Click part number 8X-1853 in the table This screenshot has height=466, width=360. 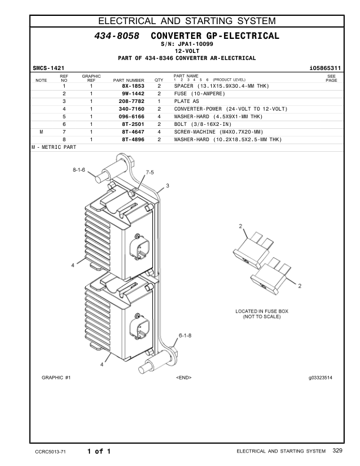click(133, 86)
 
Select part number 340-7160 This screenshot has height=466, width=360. click(133, 109)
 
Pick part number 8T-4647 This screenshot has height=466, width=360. click(133, 132)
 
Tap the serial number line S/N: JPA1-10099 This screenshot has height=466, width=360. click(187, 45)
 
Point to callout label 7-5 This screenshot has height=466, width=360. click(150, 172)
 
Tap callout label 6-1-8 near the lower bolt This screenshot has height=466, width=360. click(185, 335)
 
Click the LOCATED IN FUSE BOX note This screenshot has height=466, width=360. click(262, 314)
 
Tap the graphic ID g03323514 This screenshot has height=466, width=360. click(320, 377)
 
